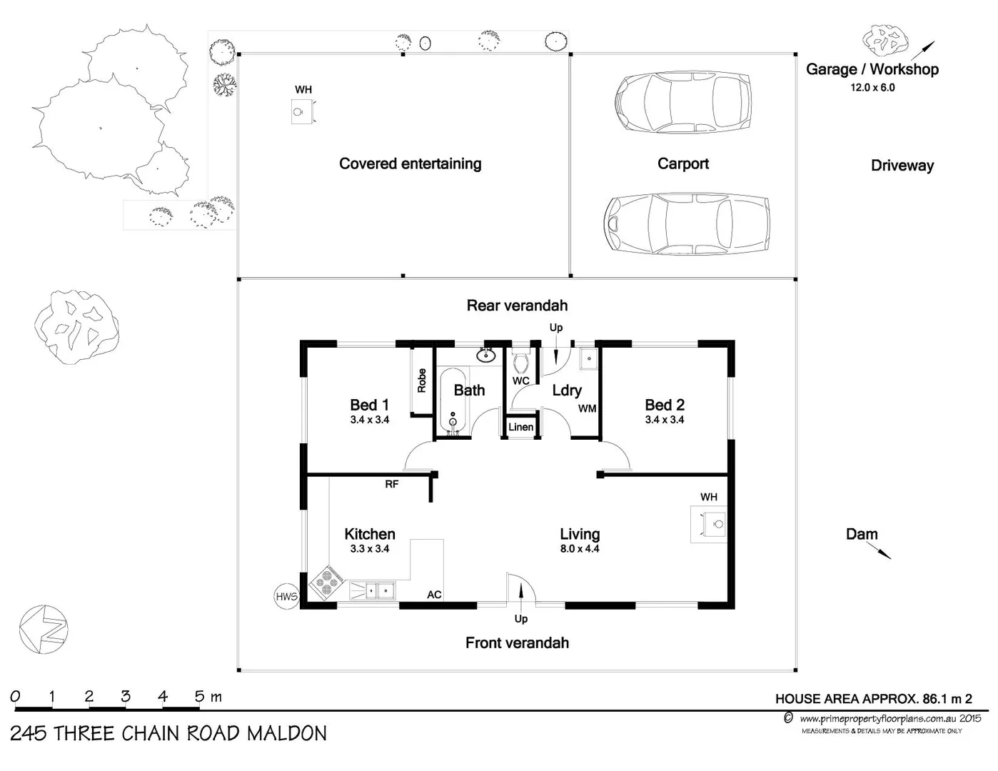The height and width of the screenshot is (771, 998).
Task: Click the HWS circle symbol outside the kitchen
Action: coord(286,596)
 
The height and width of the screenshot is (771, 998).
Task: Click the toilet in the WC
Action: coord(520,361)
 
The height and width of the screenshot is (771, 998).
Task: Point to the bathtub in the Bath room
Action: coord(453,400)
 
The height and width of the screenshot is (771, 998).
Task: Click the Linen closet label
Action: coord(520,427)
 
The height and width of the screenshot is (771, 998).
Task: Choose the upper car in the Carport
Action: coord(683,101)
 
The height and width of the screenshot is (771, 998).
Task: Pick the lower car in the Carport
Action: coord(687,223)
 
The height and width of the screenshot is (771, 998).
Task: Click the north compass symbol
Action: coord(44,629)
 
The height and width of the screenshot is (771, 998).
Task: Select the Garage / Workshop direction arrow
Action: coord(922,50)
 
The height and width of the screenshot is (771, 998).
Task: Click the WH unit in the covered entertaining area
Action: coord(302,112)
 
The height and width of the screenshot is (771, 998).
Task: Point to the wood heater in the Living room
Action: coord(708,525)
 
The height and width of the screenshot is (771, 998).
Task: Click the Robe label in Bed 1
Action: coord(421,380)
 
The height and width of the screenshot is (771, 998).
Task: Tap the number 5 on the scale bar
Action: coord(199,696)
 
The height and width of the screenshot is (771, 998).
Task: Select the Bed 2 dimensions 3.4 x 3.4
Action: coord(664,420)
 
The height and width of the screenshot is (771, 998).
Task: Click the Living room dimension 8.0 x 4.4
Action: coord(579,549)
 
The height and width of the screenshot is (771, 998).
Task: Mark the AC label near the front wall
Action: coord(434,595)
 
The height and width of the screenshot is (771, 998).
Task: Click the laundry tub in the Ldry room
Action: coord(588,358)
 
